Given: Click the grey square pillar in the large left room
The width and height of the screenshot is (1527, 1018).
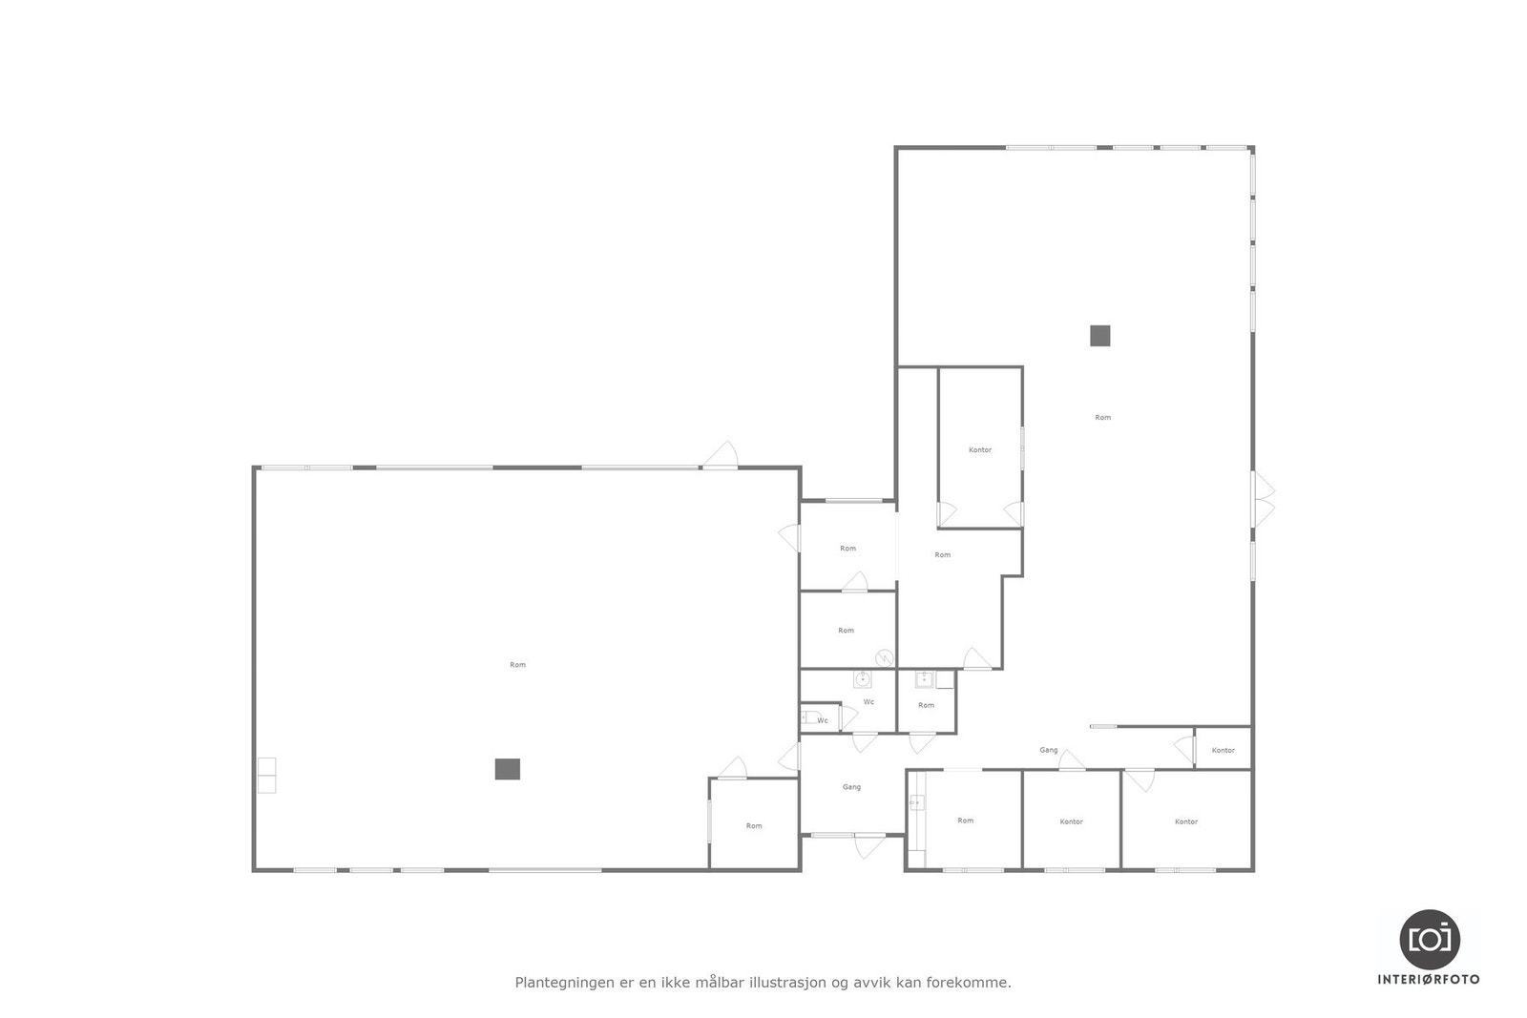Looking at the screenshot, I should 507,769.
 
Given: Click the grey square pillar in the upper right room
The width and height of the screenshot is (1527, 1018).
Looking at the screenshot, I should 1099,336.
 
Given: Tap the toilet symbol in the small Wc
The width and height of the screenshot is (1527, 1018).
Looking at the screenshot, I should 807,718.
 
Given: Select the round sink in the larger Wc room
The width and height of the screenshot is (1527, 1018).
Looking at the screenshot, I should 863,679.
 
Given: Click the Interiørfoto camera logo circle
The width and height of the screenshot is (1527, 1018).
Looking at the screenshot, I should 1429,940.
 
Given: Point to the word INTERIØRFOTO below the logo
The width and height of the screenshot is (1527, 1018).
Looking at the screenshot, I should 1429,980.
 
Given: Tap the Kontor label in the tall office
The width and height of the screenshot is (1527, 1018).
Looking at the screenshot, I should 980,449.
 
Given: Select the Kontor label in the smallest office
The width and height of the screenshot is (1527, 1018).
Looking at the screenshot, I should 1223,751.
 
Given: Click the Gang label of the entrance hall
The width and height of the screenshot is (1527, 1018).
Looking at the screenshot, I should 851,787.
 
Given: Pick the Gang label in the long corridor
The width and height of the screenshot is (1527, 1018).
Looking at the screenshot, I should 1048,750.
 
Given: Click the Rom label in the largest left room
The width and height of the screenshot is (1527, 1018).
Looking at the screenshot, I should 517,665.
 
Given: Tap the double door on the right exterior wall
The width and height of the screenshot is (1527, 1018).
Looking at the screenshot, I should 1264,499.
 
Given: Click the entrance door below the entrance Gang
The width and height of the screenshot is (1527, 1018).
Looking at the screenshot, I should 868,845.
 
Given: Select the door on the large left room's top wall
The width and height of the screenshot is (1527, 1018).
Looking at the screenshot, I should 722,455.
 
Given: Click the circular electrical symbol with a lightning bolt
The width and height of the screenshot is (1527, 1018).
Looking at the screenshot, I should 885,656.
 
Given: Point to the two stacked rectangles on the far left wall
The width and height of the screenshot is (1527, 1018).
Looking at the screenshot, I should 266,775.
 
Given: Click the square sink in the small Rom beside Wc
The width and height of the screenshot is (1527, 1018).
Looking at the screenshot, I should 924,680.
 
